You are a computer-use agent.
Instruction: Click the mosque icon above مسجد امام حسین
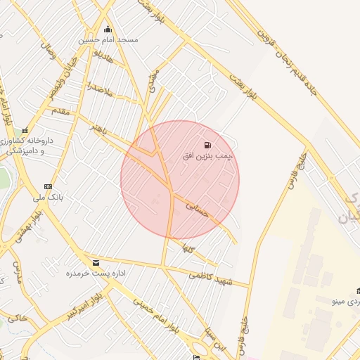click(x=108, y=30)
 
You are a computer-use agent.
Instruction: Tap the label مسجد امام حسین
click(x=108, y=40)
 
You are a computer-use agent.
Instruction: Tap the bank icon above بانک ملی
click(x=48, y=186)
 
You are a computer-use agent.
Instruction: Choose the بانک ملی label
click(x=49, y=198)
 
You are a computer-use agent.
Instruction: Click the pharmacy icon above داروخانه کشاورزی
click(x=25, y=130)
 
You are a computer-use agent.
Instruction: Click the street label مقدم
click(x=60, y=111)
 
